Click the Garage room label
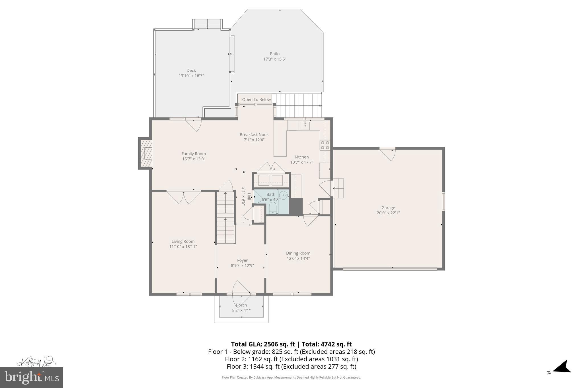(x=388, y=208)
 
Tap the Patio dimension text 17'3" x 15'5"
(x=274, y=59)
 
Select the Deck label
(x=191, y=70)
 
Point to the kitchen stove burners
(x=325, y=145)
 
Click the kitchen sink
(x=305, y=125)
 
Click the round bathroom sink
(x=283, y=195)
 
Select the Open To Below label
(x=256, y=99)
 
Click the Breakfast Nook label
(x=254, y=134)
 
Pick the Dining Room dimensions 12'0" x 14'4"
(x=298, y=258)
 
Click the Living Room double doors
(x=184, y=197)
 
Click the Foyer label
(x=242, y=260)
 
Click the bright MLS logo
(x=31, y=377)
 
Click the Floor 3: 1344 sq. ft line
(x=291, y=366)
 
